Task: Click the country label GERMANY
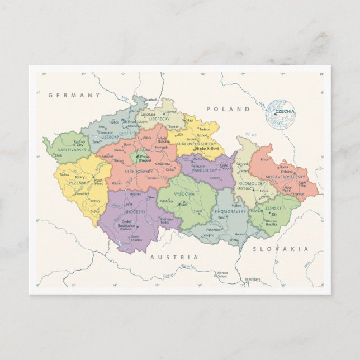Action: click(x=74, y=95)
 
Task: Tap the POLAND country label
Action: click(x=228, y=109)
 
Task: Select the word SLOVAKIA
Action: click(x=280, y=249)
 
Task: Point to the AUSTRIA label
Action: click(x=173, y=257)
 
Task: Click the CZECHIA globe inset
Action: click(x=281, y=113)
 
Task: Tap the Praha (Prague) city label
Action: click(x=144, y=158)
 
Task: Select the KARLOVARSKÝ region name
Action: click(x=71, y=150)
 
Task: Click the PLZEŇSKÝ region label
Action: click(x=79, y=183)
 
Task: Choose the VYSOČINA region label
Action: click(x=184, y=193)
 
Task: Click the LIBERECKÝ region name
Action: click(x=159, y=119)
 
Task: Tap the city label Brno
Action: click(x=222, y=217)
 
